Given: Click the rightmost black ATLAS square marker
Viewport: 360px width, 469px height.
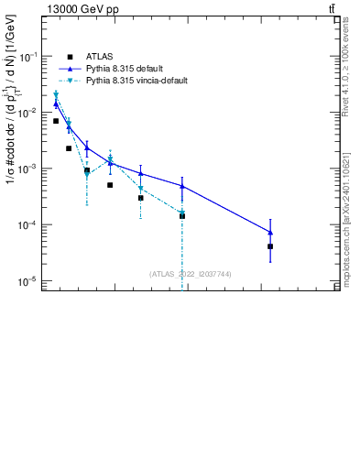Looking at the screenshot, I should (270, 246).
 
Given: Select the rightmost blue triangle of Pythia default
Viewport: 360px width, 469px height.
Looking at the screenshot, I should (270, 232).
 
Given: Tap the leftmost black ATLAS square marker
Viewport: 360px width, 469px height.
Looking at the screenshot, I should (56, 121).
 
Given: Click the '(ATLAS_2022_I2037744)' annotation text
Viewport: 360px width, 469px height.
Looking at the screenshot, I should (190, 274).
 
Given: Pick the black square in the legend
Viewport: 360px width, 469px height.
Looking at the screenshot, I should (70, 57).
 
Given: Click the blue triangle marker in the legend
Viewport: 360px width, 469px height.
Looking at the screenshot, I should (70, 69).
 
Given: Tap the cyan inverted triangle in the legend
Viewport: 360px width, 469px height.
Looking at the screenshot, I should (70, 81).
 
